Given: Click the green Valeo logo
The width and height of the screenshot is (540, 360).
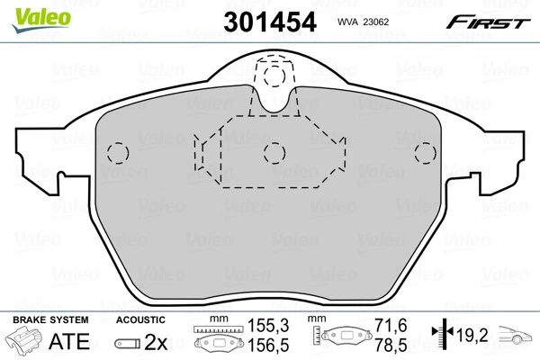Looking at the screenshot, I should point(25,10).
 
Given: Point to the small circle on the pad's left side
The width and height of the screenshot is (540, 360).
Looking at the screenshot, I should point(117,151).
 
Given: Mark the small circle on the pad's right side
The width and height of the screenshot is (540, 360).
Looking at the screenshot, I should point(421,151).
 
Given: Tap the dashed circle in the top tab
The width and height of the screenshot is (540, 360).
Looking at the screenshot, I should point(272,78).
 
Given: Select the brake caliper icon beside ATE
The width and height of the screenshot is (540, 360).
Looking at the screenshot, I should point(27,343).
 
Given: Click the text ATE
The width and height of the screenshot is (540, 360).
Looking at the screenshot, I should point(76,343).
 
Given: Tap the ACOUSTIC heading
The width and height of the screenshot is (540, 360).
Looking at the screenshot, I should point(140,319).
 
